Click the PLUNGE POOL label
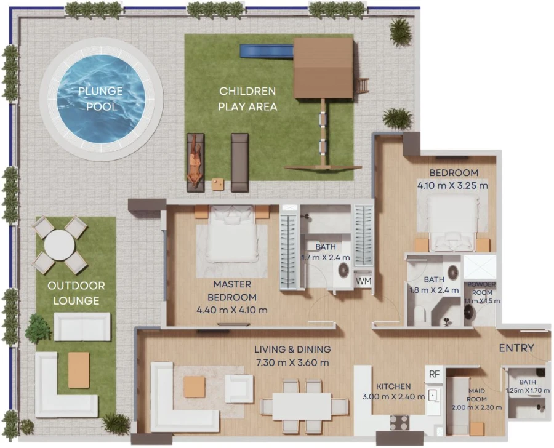click(x=100, y=98)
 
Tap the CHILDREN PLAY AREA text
click(x=247, y=98)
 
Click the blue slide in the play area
click(x=266, y=51)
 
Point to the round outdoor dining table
click(x=60, y=245)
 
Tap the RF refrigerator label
click(x=434, y=374)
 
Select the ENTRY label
click(x=516, y=348)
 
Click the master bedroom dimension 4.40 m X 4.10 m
click(x=231, y=310)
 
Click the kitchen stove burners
click(x=399, y=422)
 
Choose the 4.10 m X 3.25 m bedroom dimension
click(x=453, y=185)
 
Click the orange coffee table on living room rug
click(x=194, y=386)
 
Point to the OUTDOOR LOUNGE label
click(x=76, y=293)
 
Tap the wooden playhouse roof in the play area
click(x=323, y=68)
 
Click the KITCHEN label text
click(x=394, y=386)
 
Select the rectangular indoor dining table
click(x=302, y=406)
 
